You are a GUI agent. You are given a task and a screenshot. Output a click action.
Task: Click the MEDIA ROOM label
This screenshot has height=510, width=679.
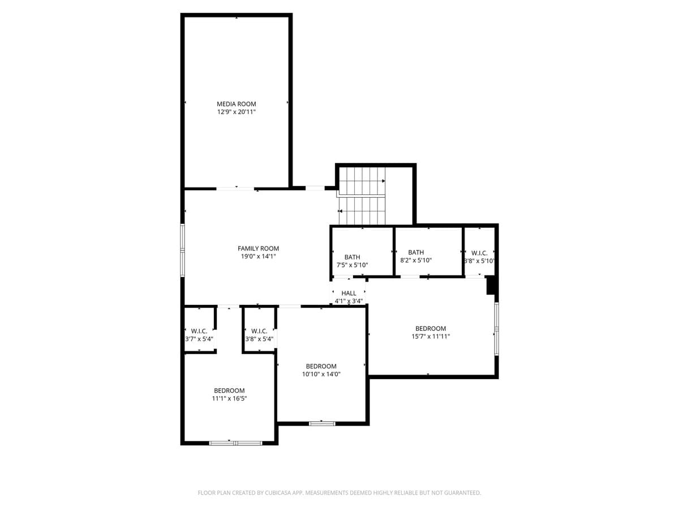[x=237, y=104]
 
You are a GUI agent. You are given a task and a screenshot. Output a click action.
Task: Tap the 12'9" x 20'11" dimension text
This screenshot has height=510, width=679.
[x=237, y=112]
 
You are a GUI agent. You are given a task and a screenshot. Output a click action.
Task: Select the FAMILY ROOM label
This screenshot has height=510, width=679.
[x=258, y=248]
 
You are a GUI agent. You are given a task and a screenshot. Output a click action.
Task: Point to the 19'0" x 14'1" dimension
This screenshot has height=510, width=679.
[x=258, y=257]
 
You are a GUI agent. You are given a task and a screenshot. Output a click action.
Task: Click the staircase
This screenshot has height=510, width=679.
[x=362, y=195]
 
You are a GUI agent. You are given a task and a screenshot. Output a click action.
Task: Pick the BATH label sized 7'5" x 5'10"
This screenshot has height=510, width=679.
[x=352, y=257]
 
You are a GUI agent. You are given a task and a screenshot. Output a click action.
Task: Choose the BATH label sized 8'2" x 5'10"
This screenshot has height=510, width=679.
[x=416, y=252]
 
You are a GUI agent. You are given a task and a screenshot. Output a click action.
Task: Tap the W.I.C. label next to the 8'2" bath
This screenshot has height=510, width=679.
[x=479, y=253]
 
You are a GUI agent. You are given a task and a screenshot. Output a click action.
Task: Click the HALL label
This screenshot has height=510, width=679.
[x=349, y=293]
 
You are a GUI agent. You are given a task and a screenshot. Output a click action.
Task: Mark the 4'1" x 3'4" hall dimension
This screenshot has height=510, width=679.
[x=349, y=301]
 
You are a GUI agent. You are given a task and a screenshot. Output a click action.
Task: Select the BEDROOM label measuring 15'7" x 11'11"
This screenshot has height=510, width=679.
[x=431, y=328]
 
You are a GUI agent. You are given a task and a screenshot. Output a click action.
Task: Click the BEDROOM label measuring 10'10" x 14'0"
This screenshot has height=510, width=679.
[x=321, y=366]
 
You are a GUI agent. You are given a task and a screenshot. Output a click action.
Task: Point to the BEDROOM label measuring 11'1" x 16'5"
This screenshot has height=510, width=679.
[x=229, y=390]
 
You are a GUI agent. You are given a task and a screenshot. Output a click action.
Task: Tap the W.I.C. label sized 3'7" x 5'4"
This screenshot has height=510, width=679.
[x=199, y=330]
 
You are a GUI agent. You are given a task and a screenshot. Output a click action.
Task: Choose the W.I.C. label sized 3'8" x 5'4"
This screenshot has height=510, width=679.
[x=259, y=330]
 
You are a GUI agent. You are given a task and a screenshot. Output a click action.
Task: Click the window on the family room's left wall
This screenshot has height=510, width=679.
[x=183, y=250]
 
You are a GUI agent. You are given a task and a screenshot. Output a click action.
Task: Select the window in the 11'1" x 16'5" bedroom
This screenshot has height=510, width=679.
[x=235, y=443]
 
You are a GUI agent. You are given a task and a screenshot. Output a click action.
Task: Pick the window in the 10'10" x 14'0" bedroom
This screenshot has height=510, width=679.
[x=322, y=423]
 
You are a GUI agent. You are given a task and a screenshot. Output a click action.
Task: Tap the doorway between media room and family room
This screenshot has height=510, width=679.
[x=235, y=188]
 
